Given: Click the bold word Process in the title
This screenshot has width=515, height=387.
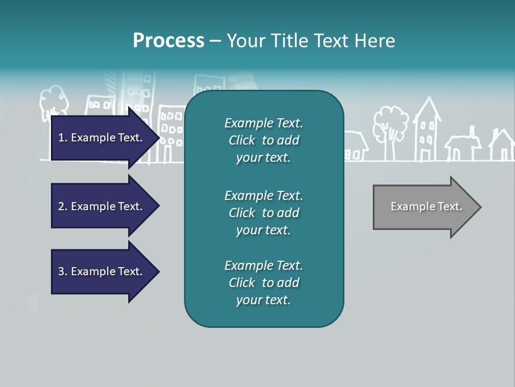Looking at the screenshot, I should [x=168, y=41].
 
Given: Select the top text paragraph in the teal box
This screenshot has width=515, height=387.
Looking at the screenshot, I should [x=263, y=140].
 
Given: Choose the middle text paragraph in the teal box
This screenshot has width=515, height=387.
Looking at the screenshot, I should [x=263, y=213].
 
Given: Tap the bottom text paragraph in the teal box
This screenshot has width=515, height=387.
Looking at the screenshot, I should [x=263, y=283].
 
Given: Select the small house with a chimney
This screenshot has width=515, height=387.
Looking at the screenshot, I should [x=463, y=145].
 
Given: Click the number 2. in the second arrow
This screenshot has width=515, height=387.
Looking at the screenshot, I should [x=62, y=206].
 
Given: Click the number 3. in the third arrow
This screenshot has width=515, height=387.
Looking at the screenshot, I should [x=62, y=271].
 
